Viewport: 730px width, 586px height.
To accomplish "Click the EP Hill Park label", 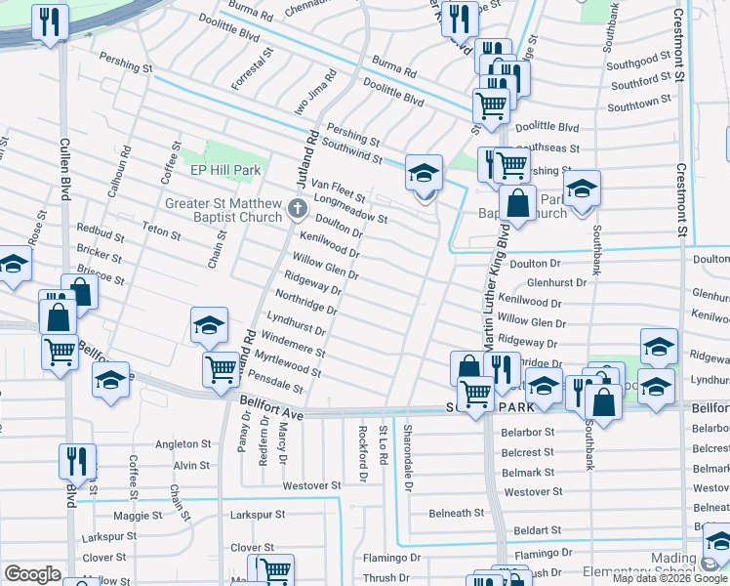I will tap(225, 170).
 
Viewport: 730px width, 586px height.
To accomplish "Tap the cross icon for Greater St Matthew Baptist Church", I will tap(299, 207).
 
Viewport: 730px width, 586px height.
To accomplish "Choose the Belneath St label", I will tap(456, 513).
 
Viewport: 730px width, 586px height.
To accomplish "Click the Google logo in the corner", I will tap(32, 574).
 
